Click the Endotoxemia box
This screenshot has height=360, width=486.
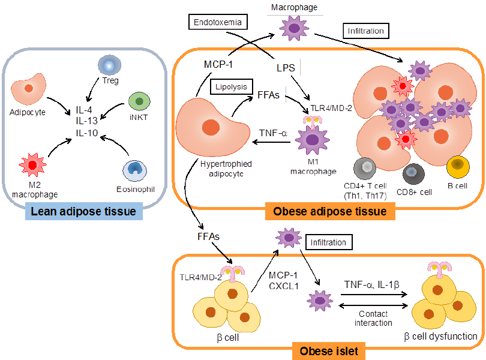(218, 22)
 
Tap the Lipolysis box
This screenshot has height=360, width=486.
(231, 87)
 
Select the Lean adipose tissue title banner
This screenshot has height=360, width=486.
(83, 211)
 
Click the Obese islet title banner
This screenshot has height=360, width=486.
(329, 351)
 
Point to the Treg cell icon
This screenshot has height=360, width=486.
(109, 65)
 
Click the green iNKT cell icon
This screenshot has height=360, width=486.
(139, 101)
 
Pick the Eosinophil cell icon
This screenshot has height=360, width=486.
(135, 170)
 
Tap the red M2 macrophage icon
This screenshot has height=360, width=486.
(32, 165)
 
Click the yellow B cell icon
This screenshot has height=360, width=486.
(458, 167)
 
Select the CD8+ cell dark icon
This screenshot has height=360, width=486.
(413, 174)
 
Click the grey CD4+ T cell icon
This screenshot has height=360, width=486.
(365, 169)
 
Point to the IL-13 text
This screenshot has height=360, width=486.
(87, 121)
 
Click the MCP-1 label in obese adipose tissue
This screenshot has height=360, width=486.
(218, 64)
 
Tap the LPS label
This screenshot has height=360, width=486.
(286, 68)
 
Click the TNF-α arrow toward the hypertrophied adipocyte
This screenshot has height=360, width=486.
(272, 142)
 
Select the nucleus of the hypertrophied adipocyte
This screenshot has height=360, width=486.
(211, 127)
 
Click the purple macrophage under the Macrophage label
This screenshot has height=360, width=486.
(294, 28)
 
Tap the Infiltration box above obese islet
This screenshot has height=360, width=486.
(329, 242)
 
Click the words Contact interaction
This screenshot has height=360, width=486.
(373, 319)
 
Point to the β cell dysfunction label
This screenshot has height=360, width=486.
(440, 337)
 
